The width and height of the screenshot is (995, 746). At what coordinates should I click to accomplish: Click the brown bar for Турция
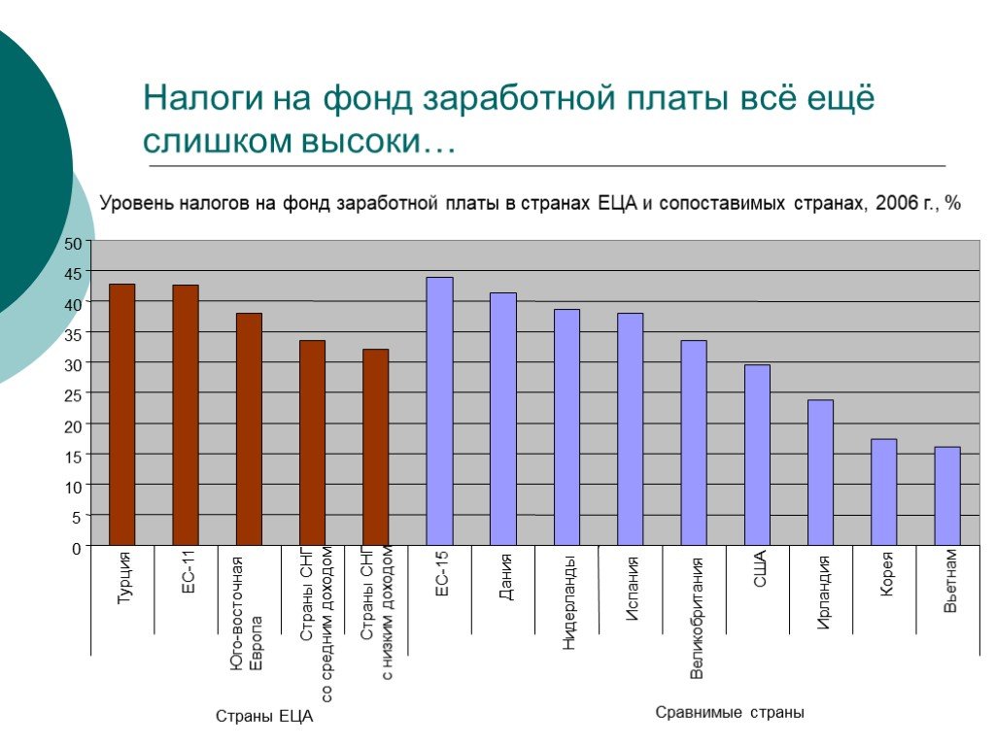(121, 414)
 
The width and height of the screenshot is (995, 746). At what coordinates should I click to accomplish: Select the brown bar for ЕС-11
(186, 415)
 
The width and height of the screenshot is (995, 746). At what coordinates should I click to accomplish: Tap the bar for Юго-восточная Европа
(249, 428)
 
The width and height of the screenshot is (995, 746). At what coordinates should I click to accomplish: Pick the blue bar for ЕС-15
(440, 411)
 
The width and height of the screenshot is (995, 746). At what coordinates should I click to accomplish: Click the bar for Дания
(503, 419)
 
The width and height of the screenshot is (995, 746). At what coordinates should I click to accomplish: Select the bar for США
(757, 455)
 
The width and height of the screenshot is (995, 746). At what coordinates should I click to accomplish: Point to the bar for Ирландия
(820, 473)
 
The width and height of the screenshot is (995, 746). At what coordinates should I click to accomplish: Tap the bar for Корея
(884, 492)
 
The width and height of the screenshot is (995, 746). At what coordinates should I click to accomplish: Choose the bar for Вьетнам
(947, 496)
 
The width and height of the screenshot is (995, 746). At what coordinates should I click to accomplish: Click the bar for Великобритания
(694, 443)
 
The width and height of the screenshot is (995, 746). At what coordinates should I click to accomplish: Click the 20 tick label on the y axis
(73, 426)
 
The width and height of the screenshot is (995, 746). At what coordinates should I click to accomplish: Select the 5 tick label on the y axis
(77, 518)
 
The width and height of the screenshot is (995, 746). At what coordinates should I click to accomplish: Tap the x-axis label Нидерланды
(568, 602)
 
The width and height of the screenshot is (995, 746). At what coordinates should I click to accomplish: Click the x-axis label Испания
(632, 588)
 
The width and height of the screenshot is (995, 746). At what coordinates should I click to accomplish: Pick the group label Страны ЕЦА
(264, 716)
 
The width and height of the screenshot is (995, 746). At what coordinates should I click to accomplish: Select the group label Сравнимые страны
(730, 712)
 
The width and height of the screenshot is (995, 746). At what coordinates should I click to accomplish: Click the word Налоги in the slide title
(203, 99)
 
